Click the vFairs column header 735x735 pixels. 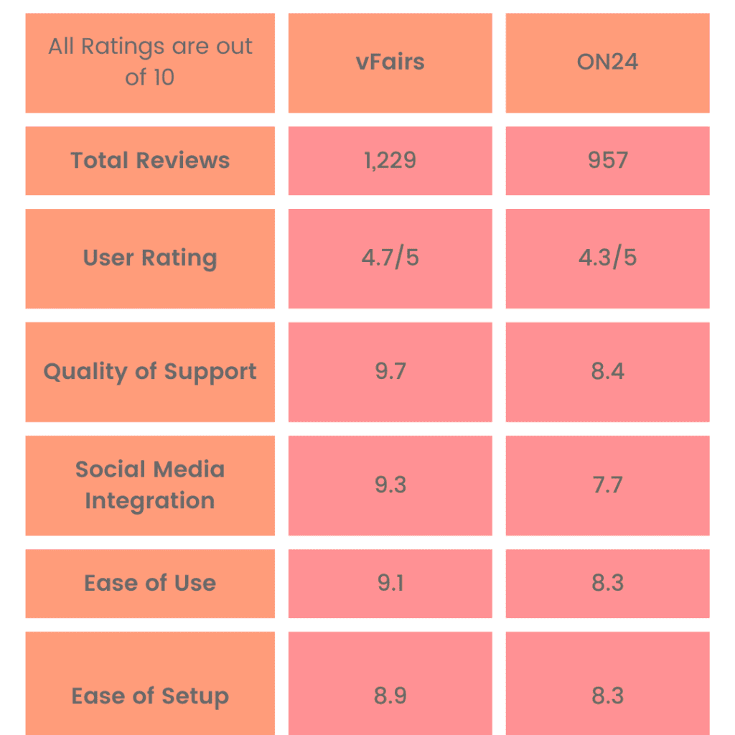(x=390, y=62)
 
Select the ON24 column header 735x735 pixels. (x=607, y=62)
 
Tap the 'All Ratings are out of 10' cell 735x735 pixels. (x=150, y=62)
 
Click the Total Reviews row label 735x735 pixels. (x=150, y=161)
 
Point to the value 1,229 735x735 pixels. (x=390, y=161)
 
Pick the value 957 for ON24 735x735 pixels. (x=607, y=161)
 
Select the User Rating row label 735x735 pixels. (x=150, y=258)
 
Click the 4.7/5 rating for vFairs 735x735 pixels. (x=390, y=258)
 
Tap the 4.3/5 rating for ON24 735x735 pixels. (x=607, y=258)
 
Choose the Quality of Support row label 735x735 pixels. (x=150, y=372)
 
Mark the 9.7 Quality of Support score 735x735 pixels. (x=390, y=372)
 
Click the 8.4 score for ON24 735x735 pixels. (x=607, y=372)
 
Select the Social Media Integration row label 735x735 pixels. (x=150, y=485)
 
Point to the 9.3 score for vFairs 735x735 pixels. (x=390, y=485)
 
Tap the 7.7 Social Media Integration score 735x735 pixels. (x=607, y=485)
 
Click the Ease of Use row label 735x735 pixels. (x=150, y=583)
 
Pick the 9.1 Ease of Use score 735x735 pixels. (x=390, y=583)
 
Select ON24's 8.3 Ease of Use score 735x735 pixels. (x=607, y=583)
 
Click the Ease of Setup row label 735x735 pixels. (x=150, y=696)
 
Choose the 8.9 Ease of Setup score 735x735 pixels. (x=390, y=696)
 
